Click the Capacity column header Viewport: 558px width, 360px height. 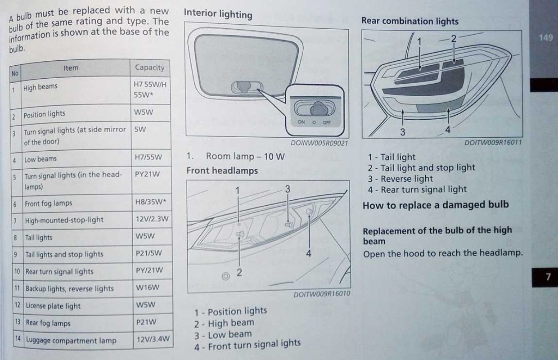149,67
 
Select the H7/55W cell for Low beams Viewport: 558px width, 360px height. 148,157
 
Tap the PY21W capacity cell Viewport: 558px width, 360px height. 147,174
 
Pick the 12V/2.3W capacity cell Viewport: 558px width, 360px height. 152,219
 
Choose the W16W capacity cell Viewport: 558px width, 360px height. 148,288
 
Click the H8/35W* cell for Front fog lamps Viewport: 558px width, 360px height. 150,202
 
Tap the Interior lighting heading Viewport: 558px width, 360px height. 218,13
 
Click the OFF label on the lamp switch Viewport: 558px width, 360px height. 327,122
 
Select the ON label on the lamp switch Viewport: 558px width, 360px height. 301,122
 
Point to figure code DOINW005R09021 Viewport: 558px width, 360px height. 319,143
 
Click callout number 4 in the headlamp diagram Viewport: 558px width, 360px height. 309,254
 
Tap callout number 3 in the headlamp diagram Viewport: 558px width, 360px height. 288,189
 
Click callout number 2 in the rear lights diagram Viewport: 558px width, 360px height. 454,39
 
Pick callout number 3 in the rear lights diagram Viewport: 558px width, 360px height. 403,132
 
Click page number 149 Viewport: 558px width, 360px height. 545,38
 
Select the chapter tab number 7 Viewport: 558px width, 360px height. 548,277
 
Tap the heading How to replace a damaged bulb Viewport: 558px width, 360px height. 436,205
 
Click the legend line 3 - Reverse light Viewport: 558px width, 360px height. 400,179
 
